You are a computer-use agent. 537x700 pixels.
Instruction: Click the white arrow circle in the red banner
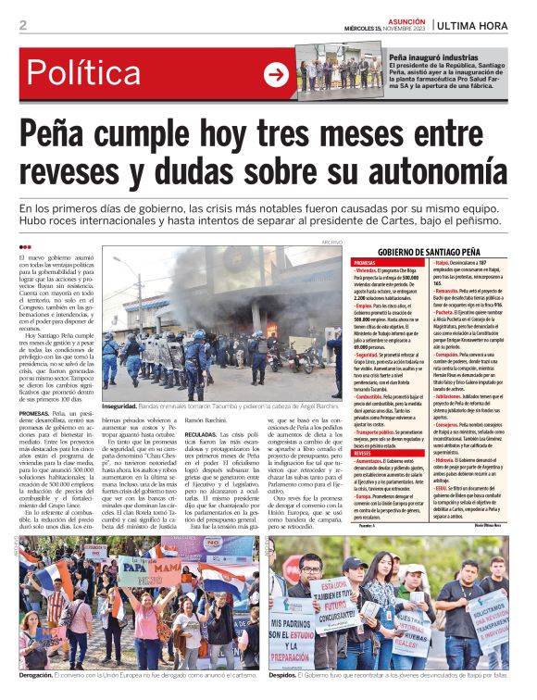(x=276, y=75)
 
